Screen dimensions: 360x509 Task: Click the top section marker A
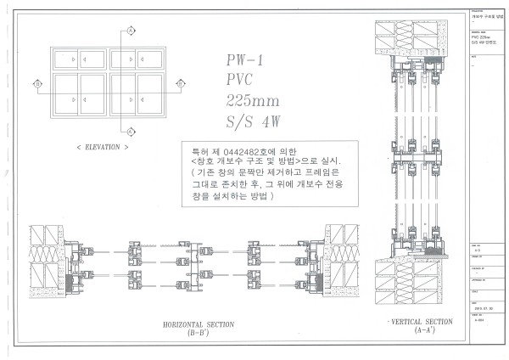[131, 31]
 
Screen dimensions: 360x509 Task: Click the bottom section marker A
[131, 132]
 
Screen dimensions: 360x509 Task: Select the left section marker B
[38, 83]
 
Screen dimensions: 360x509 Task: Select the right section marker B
[180, 83]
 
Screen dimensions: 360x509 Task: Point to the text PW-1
[245, 61]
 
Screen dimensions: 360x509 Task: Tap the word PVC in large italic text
[241, 81]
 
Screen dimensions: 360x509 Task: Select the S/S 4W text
[250, 121]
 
